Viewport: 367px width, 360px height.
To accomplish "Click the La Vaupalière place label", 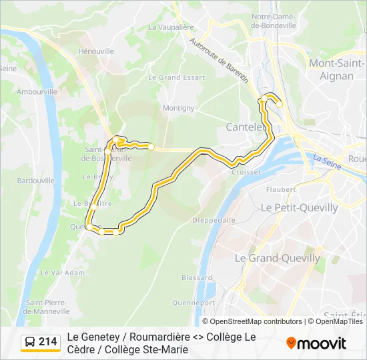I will tap(170, 27).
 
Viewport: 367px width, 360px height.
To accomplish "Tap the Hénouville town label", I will tap(96, 51).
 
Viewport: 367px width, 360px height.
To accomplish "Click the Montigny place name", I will tap(178, 108).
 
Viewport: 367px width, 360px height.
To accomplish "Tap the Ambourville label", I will tap(37, 91).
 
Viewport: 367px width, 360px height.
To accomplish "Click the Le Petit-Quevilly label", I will tap(299, 208).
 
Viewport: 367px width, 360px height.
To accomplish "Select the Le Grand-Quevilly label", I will tap(278, 258).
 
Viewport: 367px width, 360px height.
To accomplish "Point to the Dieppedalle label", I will tap(214, 219).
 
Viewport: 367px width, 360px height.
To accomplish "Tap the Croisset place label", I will tap(246, 171).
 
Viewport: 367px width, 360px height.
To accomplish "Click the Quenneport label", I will tap(189, 302).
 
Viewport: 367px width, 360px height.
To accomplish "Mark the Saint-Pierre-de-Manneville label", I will tap(48, 307).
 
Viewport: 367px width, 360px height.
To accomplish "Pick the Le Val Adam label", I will tap(63, 273).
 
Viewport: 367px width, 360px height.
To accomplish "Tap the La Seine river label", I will tap(326, 160).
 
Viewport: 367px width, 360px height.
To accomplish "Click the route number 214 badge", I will tap(47, 342).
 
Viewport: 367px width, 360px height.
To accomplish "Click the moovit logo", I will tap(316, 343).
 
